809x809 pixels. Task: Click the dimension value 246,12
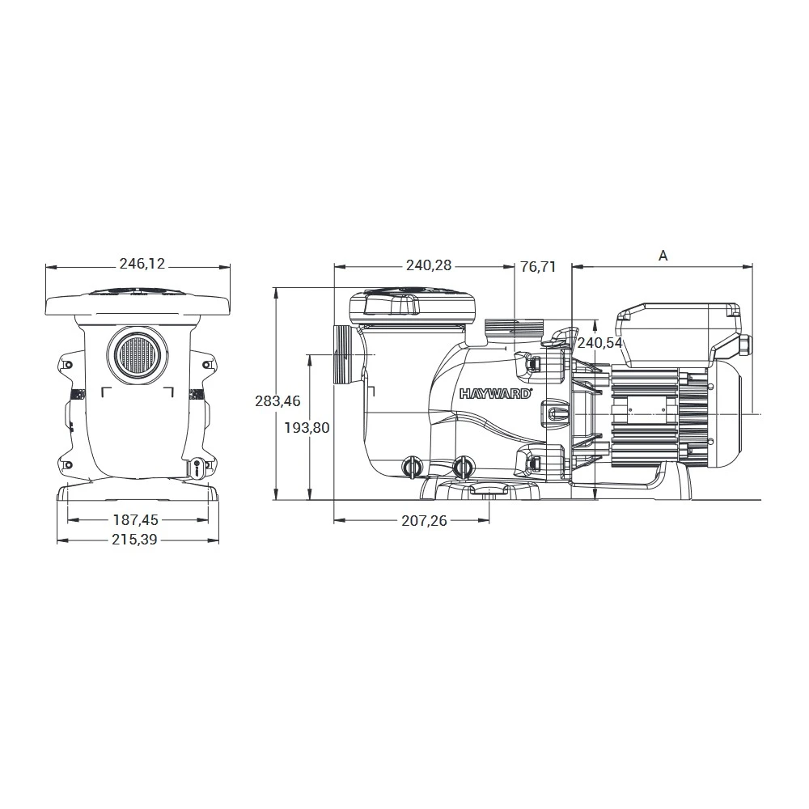point(142,264)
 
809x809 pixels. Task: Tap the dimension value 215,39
point(136,540)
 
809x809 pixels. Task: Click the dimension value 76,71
point(538,265)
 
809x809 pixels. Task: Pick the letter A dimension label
point(663,256)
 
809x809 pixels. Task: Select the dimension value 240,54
point(599,343)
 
